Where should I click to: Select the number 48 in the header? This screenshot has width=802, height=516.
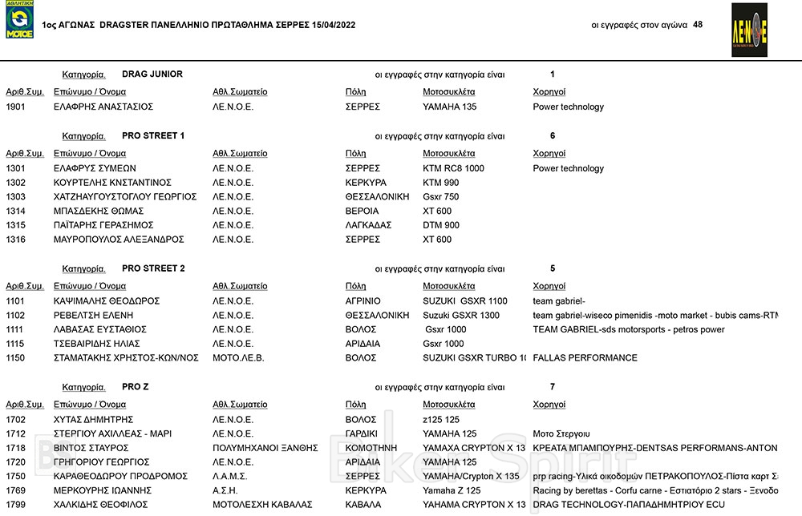[697, 25]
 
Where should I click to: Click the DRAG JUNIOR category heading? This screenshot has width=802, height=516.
[152, 75]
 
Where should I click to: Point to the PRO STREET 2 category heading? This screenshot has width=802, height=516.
[153, 268]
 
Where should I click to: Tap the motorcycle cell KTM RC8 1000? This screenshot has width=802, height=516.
[453, 168]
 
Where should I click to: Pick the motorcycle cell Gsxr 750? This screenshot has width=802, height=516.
[440, 197]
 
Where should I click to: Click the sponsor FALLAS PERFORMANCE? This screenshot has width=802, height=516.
[585, 358]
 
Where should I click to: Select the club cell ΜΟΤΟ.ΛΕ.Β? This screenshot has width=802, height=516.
[238, 358]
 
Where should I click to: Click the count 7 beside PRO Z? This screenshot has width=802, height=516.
[552, 387]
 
